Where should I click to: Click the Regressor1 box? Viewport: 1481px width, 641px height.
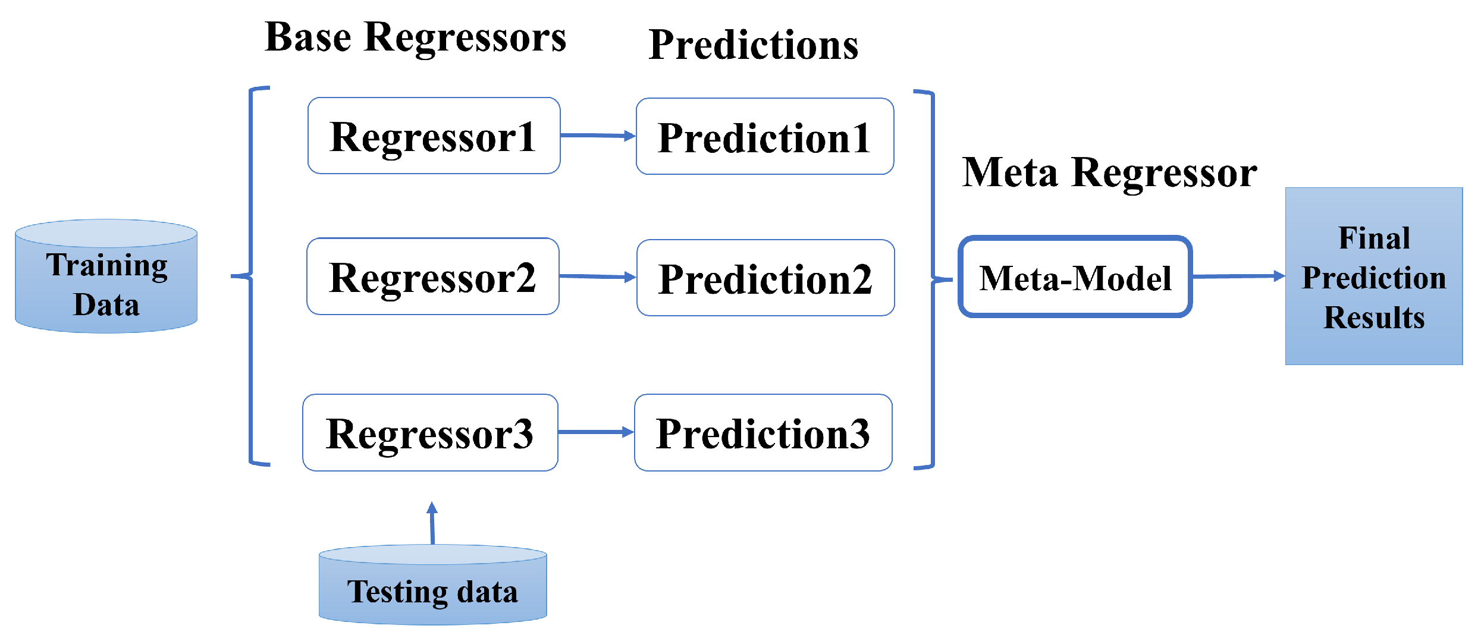click(x=434, y=136)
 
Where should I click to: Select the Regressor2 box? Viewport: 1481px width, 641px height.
click(x=432, y=276)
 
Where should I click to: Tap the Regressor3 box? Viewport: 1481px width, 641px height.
click(x=430, y=432)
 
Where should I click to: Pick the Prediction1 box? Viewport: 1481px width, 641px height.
click(x=764, y=137)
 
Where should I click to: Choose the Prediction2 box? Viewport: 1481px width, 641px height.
click(x=765, y=278)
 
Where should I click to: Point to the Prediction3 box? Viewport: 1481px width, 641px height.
click(x=763, y=432)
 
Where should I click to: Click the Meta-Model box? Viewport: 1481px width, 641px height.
click(x=1075, y=277)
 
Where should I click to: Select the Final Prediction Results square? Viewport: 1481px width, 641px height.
click(x=1373, y=276)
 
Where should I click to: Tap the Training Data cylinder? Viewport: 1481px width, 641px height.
click(x=106, y=276)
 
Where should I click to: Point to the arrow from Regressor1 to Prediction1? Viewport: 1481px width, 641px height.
click(x=597, y=136)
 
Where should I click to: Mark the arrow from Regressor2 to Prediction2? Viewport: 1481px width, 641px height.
click(x=597, y=276)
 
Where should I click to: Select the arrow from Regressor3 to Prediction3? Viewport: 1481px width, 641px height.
click(x=595, y=432)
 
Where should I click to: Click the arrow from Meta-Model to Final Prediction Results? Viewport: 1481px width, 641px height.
click(x=1238, y=276)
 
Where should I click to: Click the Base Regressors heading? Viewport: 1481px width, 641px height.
click(x=415, y=37)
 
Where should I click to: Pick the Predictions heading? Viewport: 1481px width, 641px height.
click(x=753, y=45)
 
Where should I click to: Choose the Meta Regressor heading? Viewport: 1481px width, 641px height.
click(x=1109, y=172)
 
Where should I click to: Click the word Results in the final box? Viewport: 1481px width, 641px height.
click(x=1374, y=318)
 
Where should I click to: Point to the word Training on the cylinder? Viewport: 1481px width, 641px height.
click(x=106, y=265)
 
